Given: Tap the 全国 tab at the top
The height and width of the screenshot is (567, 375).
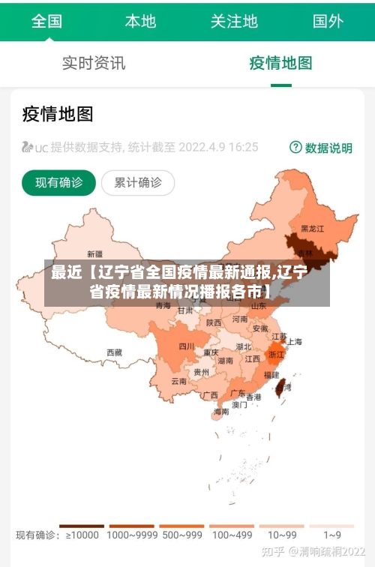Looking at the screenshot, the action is [x=46, y=21].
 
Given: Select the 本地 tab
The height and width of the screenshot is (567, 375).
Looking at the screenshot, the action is [x=140, y=21].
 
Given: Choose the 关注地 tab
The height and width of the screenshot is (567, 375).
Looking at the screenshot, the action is [x=234, y=21].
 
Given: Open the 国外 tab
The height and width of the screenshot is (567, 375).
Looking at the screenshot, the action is [x=328, y=21].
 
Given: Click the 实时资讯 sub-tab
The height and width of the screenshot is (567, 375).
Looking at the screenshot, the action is [x=94, y=63].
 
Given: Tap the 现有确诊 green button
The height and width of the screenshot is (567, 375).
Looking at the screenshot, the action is [x=58, y=182].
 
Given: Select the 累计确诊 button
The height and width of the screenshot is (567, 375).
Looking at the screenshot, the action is [x=138, y=182].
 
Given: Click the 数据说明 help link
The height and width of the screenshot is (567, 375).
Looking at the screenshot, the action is [x=321, y=148].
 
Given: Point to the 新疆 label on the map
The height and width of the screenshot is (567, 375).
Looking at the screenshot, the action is [x=94, y=253].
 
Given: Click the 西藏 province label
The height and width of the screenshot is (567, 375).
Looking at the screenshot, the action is [x=114, y=352].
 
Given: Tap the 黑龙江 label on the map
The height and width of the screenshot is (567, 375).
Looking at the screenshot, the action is [x=312, y=228].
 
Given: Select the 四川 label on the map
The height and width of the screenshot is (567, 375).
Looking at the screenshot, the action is [x=186, y=346].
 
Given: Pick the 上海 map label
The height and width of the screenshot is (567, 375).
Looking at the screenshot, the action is [x=295, y=341].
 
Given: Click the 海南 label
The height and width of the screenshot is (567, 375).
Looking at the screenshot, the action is [x=221, y=412].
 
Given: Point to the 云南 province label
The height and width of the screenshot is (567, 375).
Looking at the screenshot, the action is [x=178, y=381].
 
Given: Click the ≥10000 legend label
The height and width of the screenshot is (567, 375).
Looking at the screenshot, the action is [x=82, y=535].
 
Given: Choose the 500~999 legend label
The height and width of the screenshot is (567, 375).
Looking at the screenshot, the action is [x=181, y=535].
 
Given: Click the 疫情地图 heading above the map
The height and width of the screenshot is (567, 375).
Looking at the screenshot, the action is [x=58, y=114].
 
